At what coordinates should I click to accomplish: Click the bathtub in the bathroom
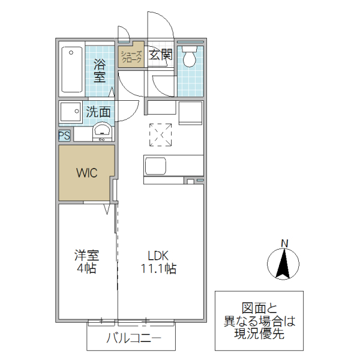point(71,70)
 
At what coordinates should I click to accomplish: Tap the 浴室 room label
point(100,71)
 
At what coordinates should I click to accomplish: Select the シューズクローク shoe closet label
point(131,57)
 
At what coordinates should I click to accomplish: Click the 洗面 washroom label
point(98,112)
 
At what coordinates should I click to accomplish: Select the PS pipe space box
point(64,136)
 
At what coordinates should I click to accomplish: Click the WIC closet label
point(85,173)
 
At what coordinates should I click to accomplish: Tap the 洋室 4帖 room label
point(86,262)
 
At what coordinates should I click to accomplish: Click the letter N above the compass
point(285,243)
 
